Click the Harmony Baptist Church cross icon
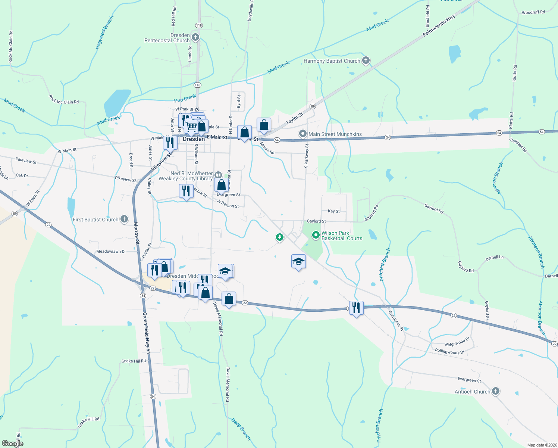pyautogui.click(x=366, y=60)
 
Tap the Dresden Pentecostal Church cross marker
pyautogui.click(x=195, y=37)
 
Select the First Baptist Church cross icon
pyautogui.click(x=124, y=220)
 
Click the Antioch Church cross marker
pyautogui.click(x=495, y=391)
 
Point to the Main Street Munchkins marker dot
pyautogui.click(x=303, y=134)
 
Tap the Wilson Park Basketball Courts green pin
pyautogui.click(x=316, y=235)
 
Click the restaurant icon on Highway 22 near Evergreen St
pyautogui.click(x=356, y=308)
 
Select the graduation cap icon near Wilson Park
pyautogui.click(x=298, y=261)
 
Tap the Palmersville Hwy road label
pyautogui.click(x=439, y=26)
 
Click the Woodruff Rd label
pyautogui.click(x=533, y=12)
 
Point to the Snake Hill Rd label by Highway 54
pyautogui.click(x=134, y=361)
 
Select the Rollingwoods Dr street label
pyautogui.click(x=449, y=351)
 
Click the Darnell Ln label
pyautogui.click(x=494, y=258)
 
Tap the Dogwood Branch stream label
pyautogui.click(x=104, y=32)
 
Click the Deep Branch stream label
pyautogui.click(x=241, y=429)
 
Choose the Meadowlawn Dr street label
pyautogui.click(x=111, y=251)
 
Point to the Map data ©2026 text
pyautogui.click(x=542, y=445)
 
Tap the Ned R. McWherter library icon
pyautogui.click(x=218, y=174)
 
